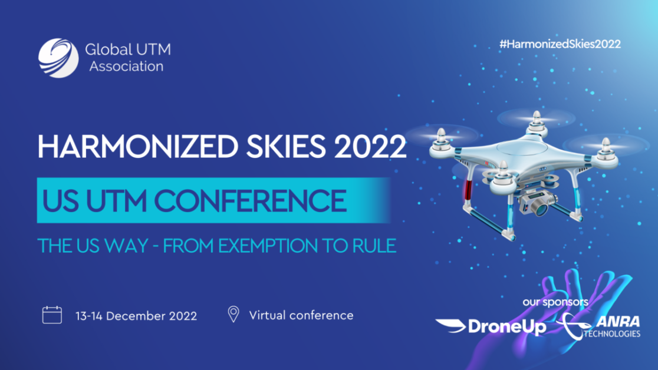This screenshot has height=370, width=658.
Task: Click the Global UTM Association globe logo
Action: coord(58,58)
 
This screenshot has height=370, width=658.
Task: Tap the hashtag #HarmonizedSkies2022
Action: coord(560,44)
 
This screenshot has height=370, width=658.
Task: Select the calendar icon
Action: coord(52,315)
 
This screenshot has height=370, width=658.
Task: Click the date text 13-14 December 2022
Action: coord(136,316)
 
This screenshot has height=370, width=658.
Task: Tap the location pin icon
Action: coord(233,314)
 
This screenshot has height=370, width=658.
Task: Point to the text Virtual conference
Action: coord(301,315)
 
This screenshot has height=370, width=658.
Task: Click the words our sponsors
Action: coord(555,302)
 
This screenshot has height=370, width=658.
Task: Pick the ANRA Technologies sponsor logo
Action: coord(601,326)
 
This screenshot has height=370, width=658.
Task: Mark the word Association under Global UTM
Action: coord(126,66)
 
